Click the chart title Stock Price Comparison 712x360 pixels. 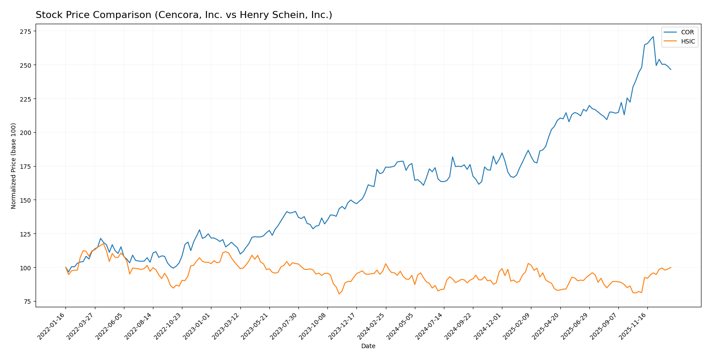(184, 15)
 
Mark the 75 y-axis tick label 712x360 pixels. (27, 302)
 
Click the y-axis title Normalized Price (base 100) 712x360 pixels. (14, 166)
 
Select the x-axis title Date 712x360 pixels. (368, 346)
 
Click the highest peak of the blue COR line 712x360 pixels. (653, 36)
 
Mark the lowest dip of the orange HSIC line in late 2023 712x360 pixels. (339, 294)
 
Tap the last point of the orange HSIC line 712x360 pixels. (671, 267)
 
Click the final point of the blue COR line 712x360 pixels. (671, 69)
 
